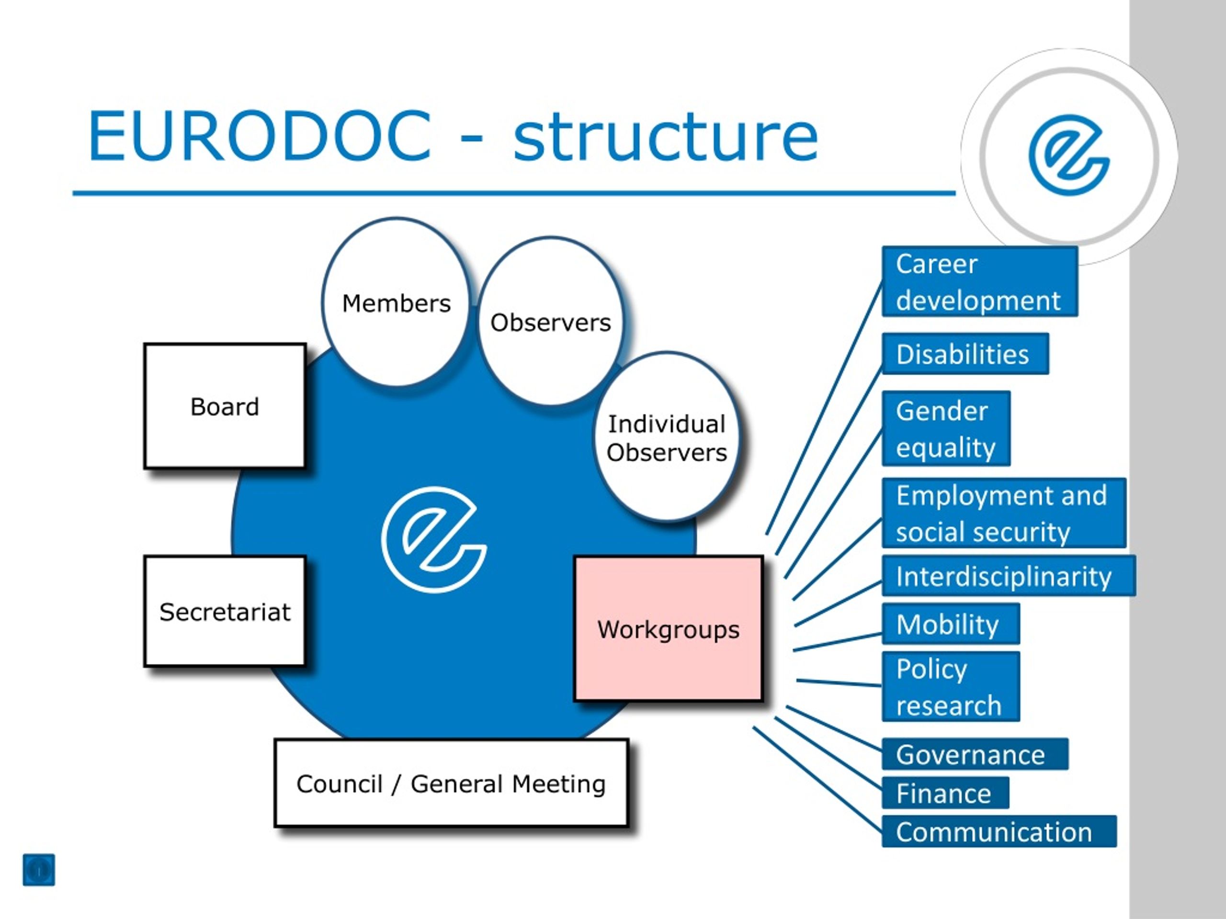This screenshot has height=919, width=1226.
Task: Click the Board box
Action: pos(225,406)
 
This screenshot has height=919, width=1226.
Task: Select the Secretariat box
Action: pos(225,611)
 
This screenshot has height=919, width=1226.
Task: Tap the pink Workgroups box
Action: pos(669,629)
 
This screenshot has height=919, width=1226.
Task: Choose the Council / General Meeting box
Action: pos(451,783)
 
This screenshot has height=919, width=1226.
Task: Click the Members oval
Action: pos(396,302)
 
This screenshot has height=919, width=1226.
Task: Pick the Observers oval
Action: pos(550,321)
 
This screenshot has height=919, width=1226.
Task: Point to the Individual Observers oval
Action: pos(667,437)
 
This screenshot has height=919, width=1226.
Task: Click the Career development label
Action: pos(979,281)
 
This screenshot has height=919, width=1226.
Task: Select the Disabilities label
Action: pos(965,353)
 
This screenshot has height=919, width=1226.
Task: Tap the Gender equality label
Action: pos(945,428)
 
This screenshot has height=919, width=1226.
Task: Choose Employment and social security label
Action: pos(1004,513)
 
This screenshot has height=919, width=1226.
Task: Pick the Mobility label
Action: pos(951,624)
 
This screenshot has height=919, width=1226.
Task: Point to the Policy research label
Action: pos(951,686)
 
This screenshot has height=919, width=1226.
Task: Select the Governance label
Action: pos(975,754)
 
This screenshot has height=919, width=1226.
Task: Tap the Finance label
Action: pos(945,793)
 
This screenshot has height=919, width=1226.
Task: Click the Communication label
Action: pos(999,831)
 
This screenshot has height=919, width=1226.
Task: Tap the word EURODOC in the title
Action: pos(260,136)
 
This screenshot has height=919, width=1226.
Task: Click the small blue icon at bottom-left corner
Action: pos(39,870)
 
